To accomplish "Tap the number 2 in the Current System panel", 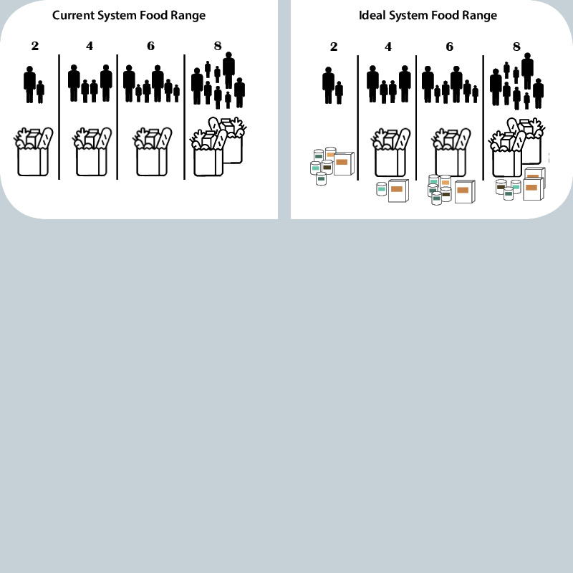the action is pyautogui.click(x=34, y=46).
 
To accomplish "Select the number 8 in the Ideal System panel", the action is pyautogui.click(x=516, y=47).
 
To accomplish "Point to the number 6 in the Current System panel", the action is pyautogui.click(x=150, y=46).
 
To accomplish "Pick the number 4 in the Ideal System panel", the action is pyautogui.click(x=388, y=47).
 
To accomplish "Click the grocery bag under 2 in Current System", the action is pyautogui.click(x=33, y=152).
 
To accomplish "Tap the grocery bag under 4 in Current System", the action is pyautogui.click(x=92, y=152).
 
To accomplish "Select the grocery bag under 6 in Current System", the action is pyautogui.click(x=152, y=152).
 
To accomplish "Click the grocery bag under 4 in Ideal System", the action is pyautogui.click(x=390, y=153).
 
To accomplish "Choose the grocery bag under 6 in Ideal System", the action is pyautogui.click(x=451, y=153).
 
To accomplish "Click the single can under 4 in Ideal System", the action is pyautogui.click(x=381, y=189).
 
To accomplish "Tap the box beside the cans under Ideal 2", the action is pyautogui.click(x=344, y=163).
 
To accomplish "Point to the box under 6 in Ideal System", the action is pyautogui.click(x=465, y=191).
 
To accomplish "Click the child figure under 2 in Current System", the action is pyautogui.click(x=41, y=92).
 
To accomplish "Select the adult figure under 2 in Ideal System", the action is pyautogui.click(x=328, y=85).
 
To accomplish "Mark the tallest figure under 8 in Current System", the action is pyautogui.click(x=228, y=70).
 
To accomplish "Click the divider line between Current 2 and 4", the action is pyautogui.click(x=59, y=117).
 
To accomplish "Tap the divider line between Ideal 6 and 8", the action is pyautogui.click(x=483, y=117).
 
